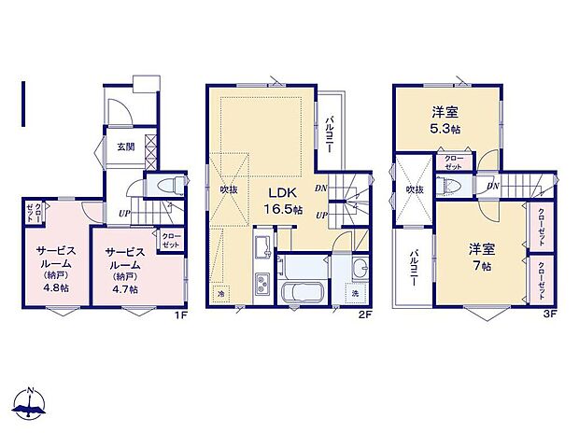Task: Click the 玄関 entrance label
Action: pos(125,146)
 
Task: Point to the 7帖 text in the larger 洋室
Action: pos(483,264)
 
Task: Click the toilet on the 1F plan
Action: pos(170,186)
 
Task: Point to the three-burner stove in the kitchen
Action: pos(261,283)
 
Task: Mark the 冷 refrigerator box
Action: pos(219,292)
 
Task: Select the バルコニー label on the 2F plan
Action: pos(334,133)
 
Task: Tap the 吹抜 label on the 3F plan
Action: pos(415,189)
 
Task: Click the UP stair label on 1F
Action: pos(124,214)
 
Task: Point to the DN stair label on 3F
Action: pos(491,187)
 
